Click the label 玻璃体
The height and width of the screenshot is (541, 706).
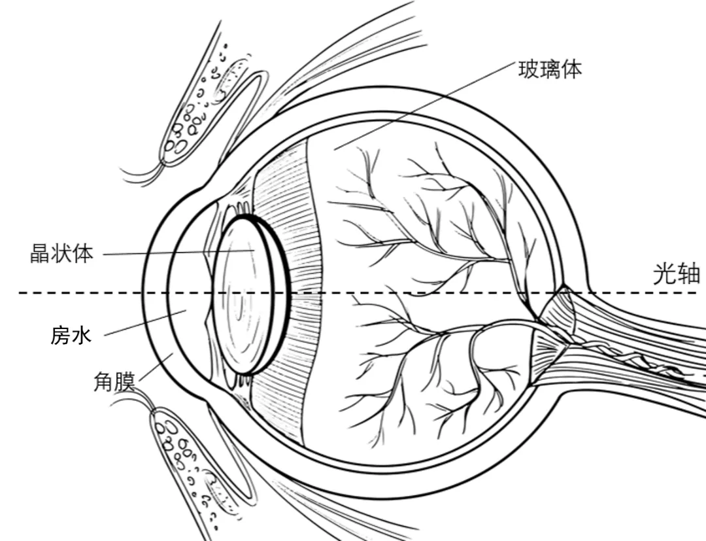pyautogui.click(x=549, y=69)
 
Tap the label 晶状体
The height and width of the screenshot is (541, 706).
pyautogui.click(x=62, y=253)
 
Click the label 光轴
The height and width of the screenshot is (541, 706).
pyautogui.click(x=677, y=274)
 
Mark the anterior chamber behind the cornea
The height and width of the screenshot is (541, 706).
pyautogui.click(x=186, y=294)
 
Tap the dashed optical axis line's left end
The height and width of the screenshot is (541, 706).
pyautogui.click(x=24, y=292)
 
